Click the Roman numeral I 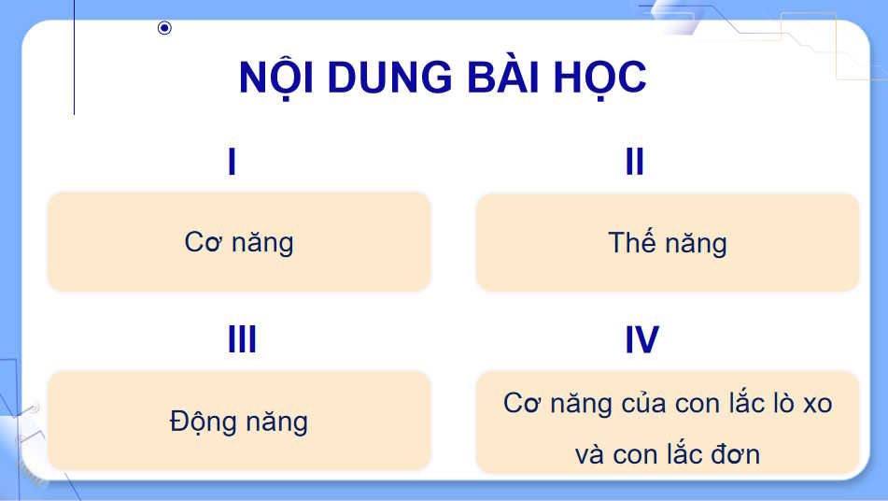[232, 163]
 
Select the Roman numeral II [635, 163]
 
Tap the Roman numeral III [242, 340]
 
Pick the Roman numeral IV [641, 340]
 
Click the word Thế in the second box [631, 242]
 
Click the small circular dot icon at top [164, 28]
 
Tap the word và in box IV [591, 455]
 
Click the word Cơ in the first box [202, 242]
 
